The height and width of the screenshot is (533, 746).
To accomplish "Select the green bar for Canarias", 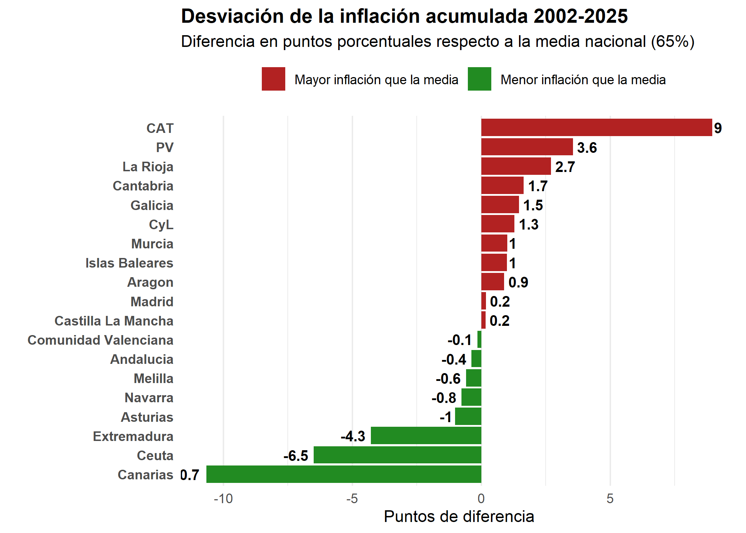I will coord(344,474).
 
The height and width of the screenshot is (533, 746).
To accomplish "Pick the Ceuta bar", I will coord(397,455).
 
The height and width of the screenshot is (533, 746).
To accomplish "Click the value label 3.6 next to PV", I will coord(587,147).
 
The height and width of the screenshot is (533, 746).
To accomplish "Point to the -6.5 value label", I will coord(296,456).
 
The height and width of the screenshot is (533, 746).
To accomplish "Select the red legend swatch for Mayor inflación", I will coord(273,79).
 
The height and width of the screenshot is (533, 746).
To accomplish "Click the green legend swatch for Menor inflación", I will coord(479,79).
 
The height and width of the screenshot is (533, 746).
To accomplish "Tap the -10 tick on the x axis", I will coord(223,499).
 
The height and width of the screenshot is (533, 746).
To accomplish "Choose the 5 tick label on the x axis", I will coord(610,499).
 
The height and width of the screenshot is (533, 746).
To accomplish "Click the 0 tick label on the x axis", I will coord(481,499).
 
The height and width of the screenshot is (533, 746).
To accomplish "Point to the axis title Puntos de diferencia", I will coord(459,517).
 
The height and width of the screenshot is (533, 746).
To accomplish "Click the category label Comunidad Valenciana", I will coord(101,340).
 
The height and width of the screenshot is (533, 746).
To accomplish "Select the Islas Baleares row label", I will coord(129,263).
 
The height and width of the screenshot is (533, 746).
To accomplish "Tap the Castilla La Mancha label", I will coord(114,321).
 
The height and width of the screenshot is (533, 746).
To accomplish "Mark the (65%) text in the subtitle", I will coord(672,42).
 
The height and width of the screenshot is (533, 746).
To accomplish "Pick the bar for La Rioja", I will coord(516,166).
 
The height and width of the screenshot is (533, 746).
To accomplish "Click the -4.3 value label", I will coord(353,436).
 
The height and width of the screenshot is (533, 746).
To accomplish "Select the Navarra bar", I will coord(471,397).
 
